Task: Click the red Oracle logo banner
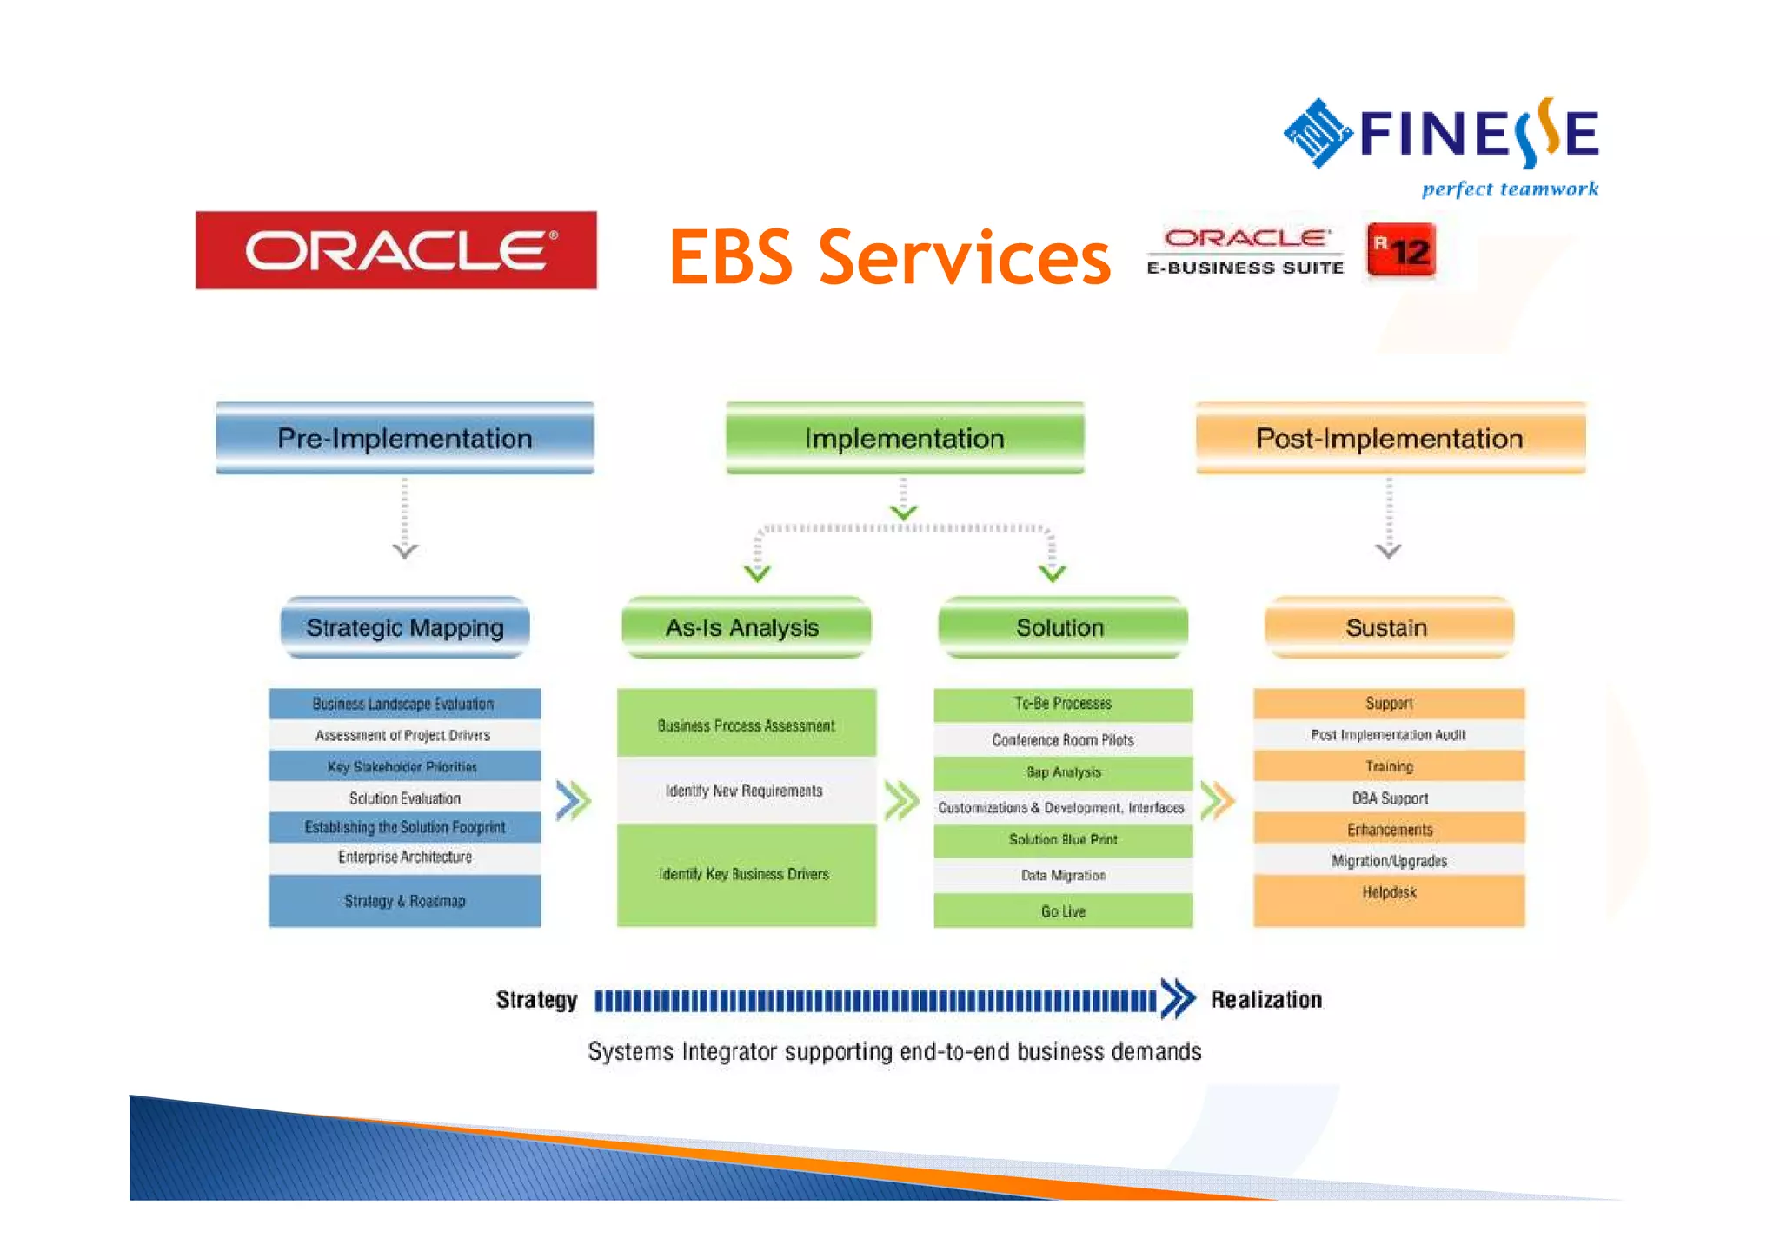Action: point(395,250)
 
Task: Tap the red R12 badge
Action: point(1400,250)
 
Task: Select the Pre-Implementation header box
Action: point(405,438)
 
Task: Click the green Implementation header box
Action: point(905,438)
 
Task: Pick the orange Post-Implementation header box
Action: point(1390,438)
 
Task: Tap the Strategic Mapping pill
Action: point(405,627)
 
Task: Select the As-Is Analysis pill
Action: point(745,627)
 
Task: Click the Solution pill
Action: point(1062,627)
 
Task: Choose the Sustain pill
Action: point(1388,627)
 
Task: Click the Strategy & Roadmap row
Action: point(405,901)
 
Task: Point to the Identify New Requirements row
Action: point(745,791)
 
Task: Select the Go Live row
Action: point(1063,911)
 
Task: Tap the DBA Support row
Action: point(1389,798)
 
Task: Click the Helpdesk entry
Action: point(1389,892)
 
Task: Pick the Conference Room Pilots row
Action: point(1063,740)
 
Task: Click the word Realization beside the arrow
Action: point(1266,1000)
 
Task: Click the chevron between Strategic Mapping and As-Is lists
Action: point(574,800)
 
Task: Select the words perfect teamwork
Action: point(1510,189)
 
